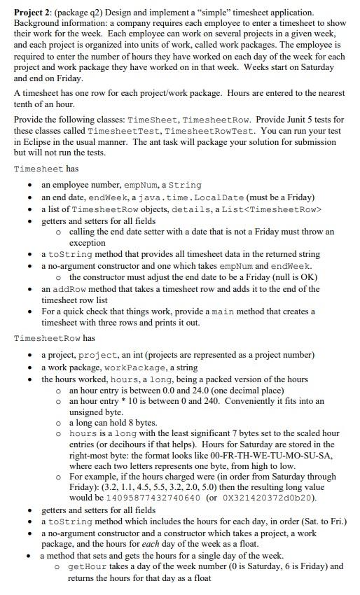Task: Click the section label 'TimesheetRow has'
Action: (53, 338)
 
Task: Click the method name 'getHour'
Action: (86, 566)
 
